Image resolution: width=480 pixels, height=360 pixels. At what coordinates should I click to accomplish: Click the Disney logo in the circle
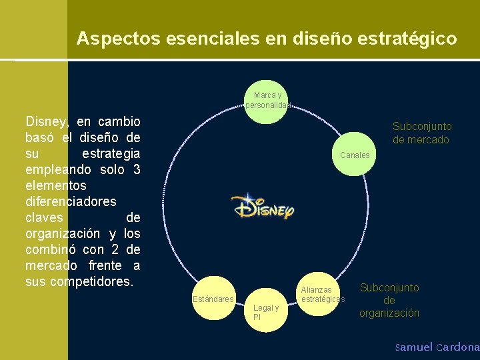(x=262, y=207)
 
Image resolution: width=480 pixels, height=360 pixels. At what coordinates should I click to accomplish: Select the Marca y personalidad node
(x=266, y=101)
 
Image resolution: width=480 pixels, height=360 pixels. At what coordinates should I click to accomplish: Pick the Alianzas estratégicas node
(x=321, y=294)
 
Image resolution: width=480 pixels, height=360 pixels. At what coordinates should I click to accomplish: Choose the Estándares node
(x=213, y=299)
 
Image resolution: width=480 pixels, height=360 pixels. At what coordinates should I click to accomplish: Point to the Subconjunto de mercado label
(x=421, y=133)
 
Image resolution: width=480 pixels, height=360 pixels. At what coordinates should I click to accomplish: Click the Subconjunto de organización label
(x=389, y=300)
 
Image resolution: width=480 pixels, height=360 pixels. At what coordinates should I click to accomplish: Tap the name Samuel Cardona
(x=437, y=347)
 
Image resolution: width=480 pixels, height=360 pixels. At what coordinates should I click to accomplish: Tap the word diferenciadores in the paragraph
(x=71, y=201)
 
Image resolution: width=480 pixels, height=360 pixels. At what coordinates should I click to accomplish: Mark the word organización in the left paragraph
(x=62, y=233)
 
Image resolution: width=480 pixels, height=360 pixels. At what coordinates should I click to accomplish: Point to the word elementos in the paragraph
(x=55, y=185)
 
